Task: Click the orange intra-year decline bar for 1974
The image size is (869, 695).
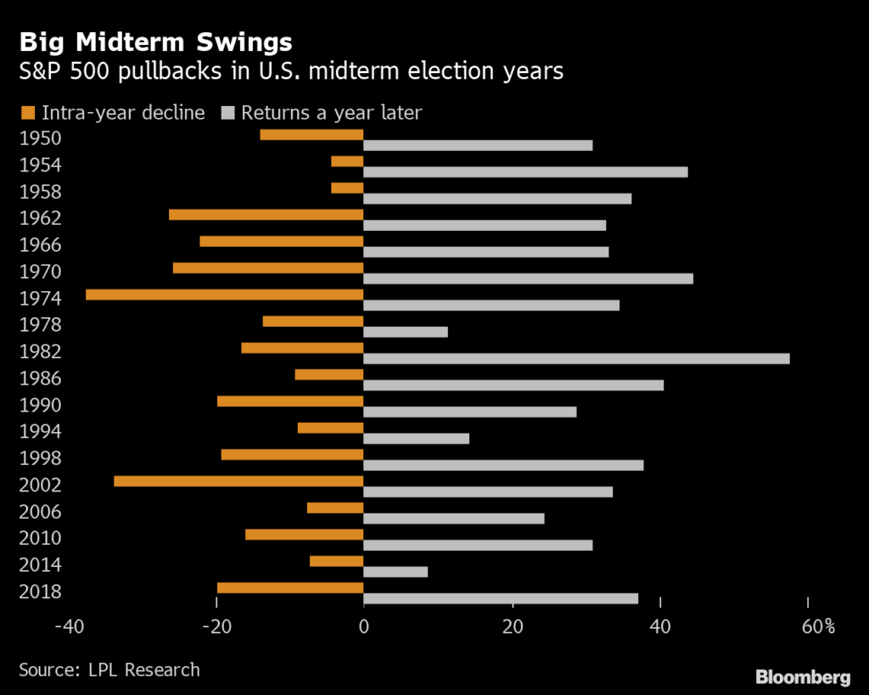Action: pyautogui.click(x=225, y=294)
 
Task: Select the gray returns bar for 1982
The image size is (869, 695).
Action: pyautogui.click(x=577, y=358)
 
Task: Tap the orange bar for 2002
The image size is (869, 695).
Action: pyautogui.click(x=238, y=481)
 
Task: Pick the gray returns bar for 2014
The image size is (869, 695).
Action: pyautogui.click(x=395, y=572)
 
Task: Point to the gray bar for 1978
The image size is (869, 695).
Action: pyautogui.click(x=406, y=332)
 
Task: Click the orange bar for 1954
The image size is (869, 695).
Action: pyautogui.click(x=347, y=161)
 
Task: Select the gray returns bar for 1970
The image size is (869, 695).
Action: pyautogui.click(x=529, y=278)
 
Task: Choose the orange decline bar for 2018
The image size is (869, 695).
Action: pyautogui.click(x=290, y=588)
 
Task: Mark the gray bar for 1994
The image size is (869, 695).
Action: pyautogui.click(x=417, y=439)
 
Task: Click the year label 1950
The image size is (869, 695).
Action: pyautogui.click(x=40, y=138)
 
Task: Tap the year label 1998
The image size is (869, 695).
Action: pyautogui.click(x=40, y=459)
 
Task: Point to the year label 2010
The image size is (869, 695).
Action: pyautogui.click(x=40, y=539)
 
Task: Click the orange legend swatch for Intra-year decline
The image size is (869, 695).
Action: pyautogui.click(x=26, y=112)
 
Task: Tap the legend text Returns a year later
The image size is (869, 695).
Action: pyautogui.click(x=331, y=112)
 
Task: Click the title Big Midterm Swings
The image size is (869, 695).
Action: pyautogui.click(x=155, y=42)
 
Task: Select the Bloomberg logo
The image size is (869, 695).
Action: pyautogui.click(x=803, y=676)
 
